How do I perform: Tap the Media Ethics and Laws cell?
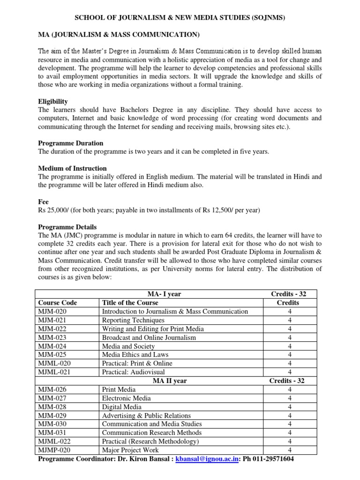(x=135, y=355)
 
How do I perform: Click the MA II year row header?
(x=170, y=381)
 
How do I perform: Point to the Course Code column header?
(x=57, y=303)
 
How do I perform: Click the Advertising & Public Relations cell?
(x=146, y=415)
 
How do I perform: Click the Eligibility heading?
(x=52, y=101)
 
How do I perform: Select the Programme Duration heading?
(x=70, y=143)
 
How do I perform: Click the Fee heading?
(x=43, y=202)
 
